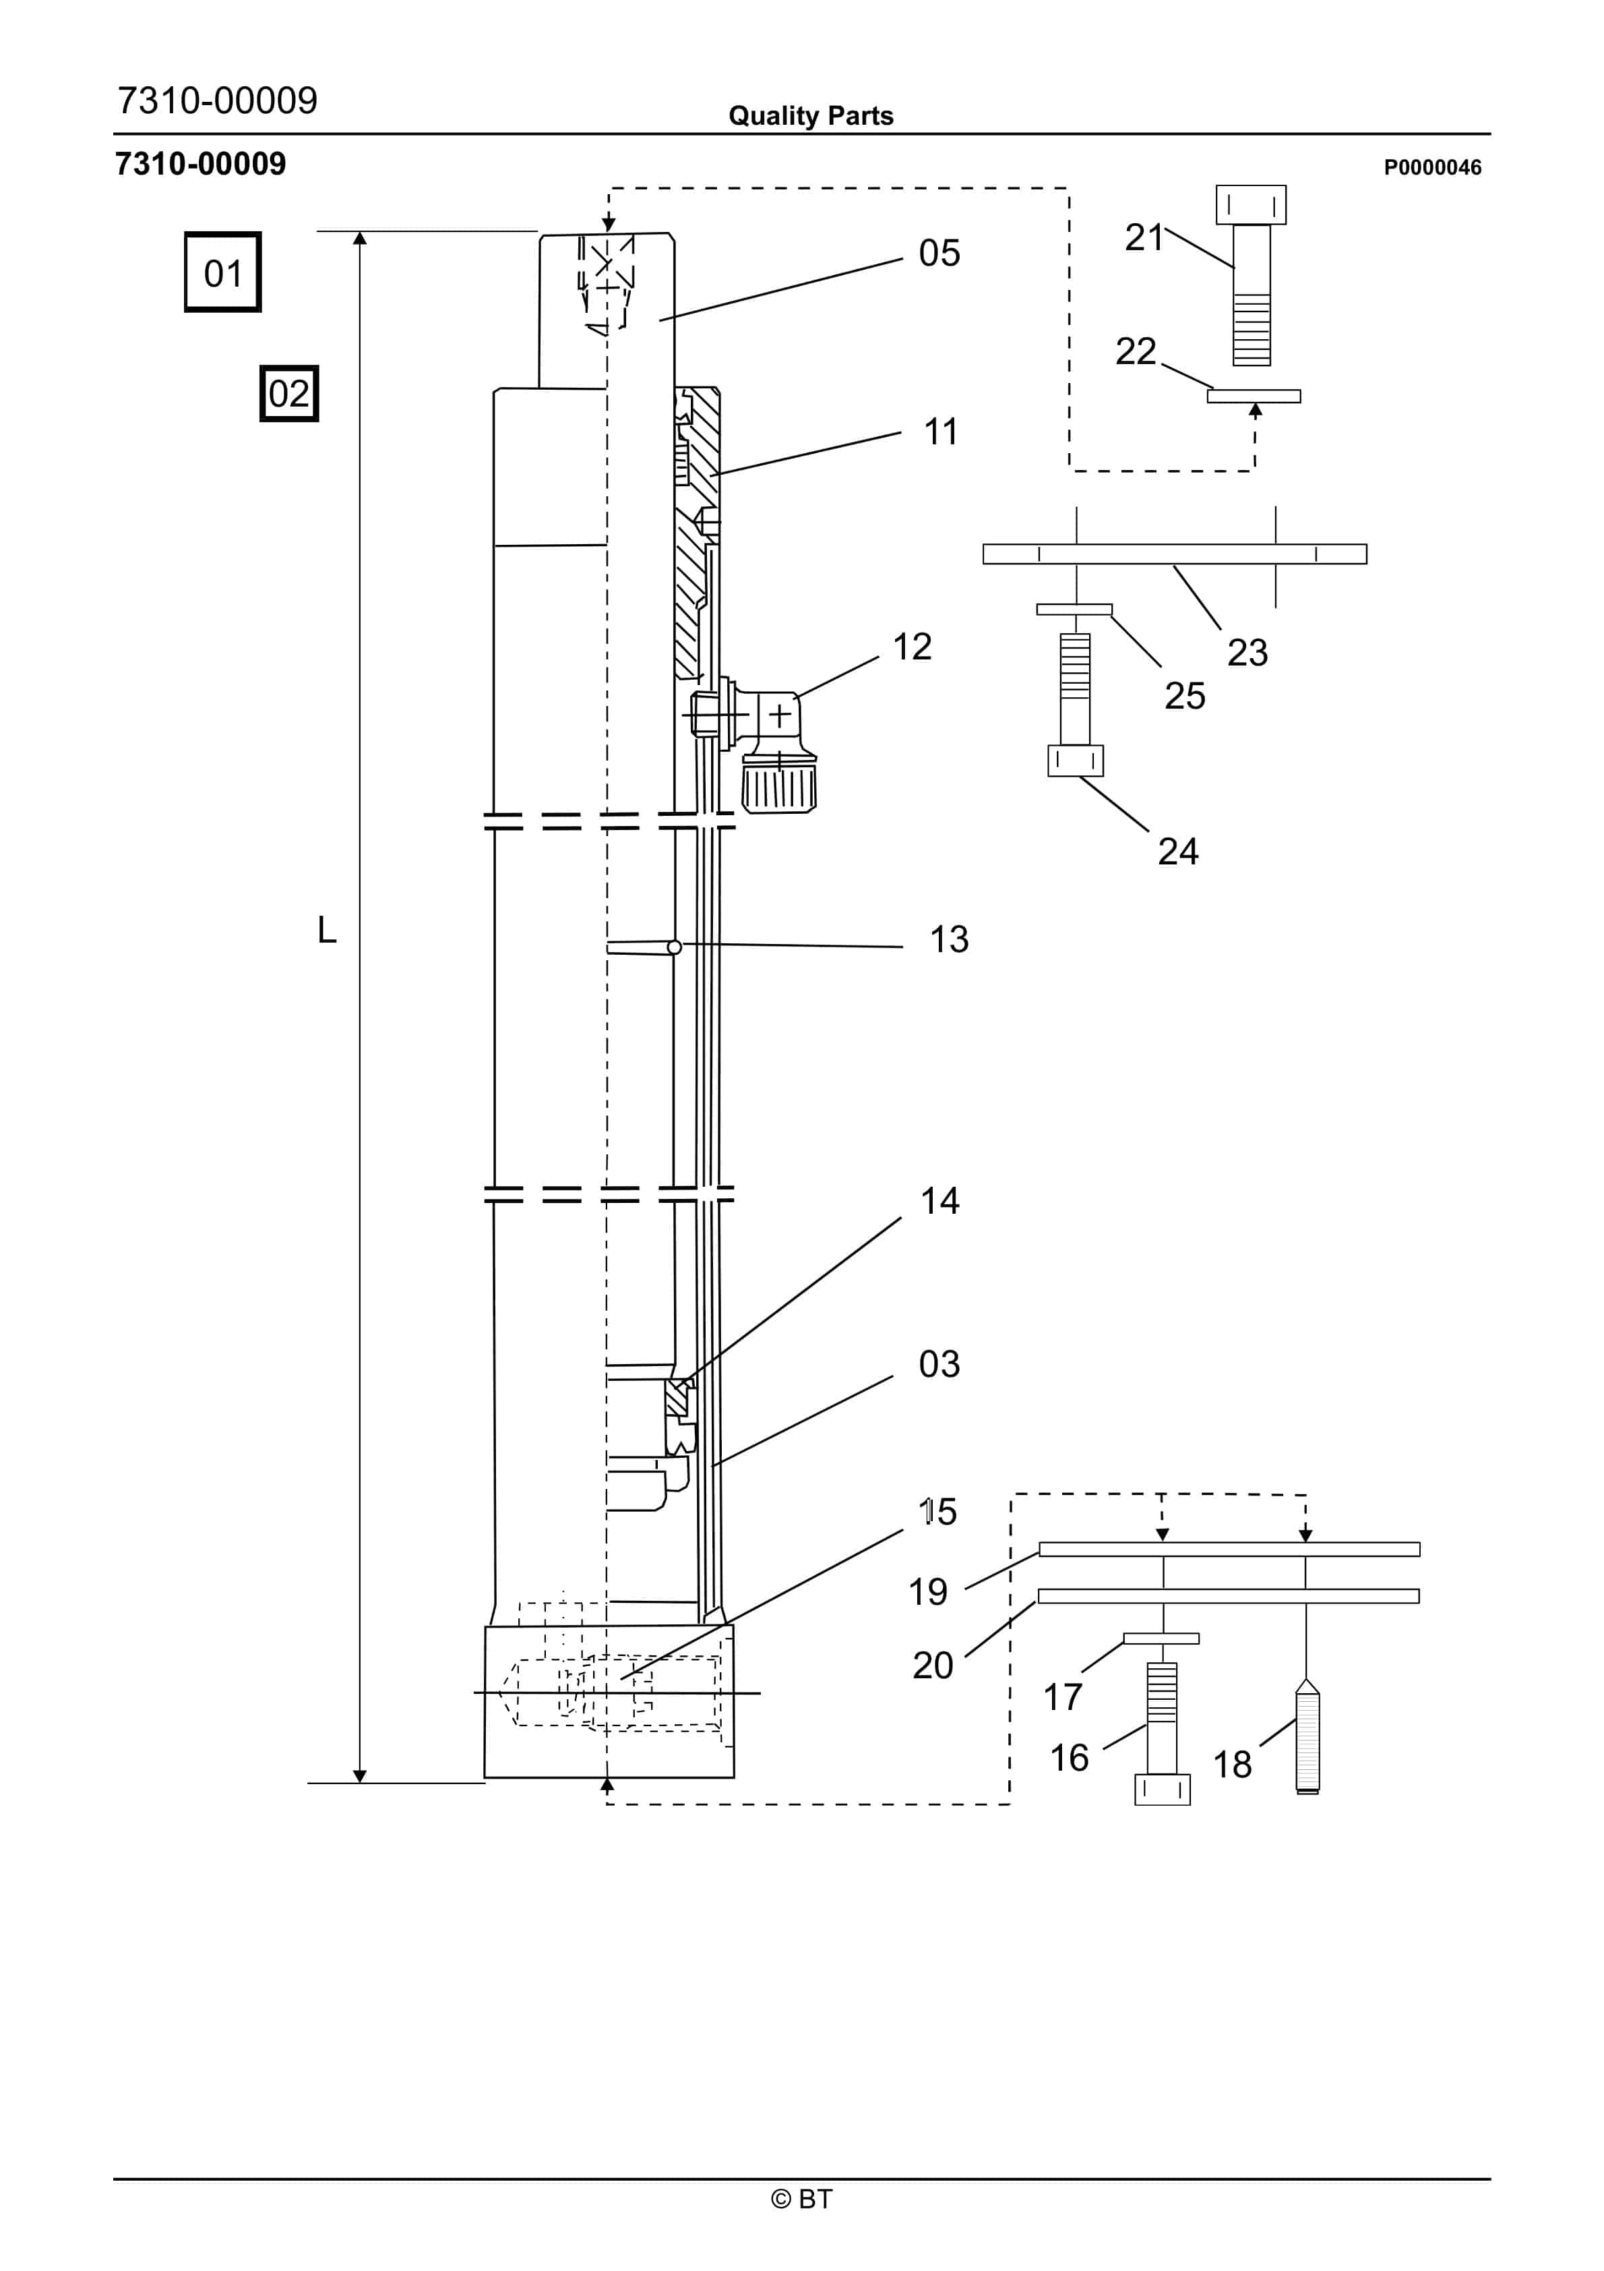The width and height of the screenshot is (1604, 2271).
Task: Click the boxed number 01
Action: tap(222, 273)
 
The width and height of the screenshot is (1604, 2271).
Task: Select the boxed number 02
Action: tap(288, 394)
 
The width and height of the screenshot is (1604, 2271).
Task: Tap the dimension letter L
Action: tap(326, 930)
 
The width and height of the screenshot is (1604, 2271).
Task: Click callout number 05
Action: tap(938, 254)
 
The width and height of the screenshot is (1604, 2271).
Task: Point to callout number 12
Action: tap(912, 647)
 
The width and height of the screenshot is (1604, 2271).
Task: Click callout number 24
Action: tap(1178, 852)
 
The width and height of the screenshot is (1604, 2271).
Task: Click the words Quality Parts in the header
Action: tap(811, 116)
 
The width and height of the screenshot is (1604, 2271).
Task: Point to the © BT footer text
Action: tap(802, 2199)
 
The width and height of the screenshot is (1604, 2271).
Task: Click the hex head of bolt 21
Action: tap(1251, 205)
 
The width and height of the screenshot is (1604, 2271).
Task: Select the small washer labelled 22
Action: tap(1254, 396)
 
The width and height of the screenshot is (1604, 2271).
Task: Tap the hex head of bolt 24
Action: tap(1075, 761)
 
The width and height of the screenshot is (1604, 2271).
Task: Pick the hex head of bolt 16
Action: tap(1162, 1790)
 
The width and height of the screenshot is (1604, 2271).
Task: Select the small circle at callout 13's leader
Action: tap(675, 947)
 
